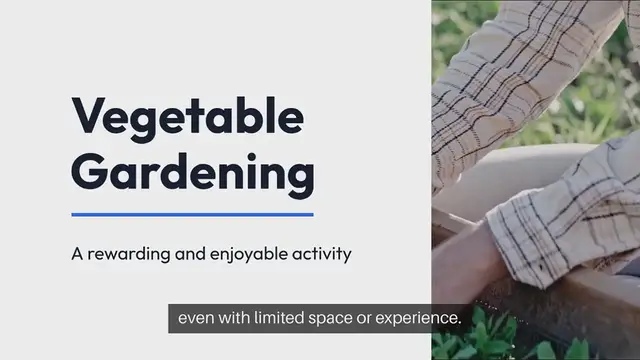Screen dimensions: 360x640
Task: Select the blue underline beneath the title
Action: point(192,214)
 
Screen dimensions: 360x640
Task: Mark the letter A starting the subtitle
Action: point(77,254)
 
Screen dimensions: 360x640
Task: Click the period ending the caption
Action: point(458,324)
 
